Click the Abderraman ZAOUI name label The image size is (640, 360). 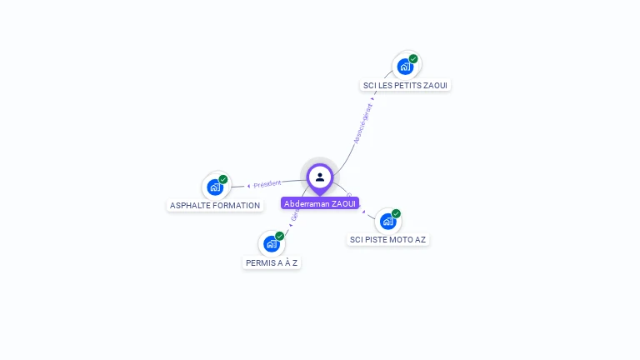[320, 203]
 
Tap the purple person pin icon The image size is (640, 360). [320, 177]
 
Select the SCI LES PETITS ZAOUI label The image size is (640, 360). [407, 85]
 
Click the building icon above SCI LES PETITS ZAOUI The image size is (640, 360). [405, 67]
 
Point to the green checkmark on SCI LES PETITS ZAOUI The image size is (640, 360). [413, 58]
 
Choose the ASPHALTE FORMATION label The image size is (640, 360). [215, 205]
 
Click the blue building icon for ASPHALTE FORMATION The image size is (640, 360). [215, 187]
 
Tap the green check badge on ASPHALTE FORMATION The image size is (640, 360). [223, 179]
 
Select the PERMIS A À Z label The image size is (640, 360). [272, 262]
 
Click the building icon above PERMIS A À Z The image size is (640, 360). [271, 244]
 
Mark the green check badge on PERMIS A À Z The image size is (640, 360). [279, 236]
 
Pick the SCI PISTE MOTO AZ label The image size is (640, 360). [387, 239]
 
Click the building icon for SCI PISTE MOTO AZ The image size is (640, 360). [387, 222]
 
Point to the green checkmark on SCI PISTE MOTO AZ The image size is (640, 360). [396, 213]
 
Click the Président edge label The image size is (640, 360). [267, 183]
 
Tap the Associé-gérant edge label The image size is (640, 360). [362, 123]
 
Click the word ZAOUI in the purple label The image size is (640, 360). [344, 203]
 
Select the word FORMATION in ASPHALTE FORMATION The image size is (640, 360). [237, 205]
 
